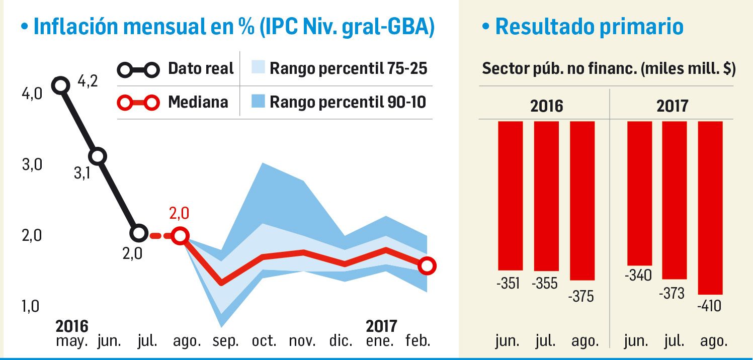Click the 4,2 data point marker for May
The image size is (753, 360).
point(61,85)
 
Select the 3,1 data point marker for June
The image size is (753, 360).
point(99,156)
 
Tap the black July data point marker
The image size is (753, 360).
point(139,233)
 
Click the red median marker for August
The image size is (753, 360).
point(180,235)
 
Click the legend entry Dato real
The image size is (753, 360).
point(177,68)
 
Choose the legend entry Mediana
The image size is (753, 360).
point(174,102)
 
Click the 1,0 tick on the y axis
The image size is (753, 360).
point(31,306)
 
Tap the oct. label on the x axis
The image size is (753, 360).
point(264,341)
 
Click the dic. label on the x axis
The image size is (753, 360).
point(341,341)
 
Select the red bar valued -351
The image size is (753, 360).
point(510,196)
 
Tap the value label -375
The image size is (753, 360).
point(581,296)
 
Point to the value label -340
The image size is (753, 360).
point(638,276)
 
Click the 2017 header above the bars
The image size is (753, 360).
point(673,106)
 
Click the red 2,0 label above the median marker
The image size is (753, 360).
point(180,213)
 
